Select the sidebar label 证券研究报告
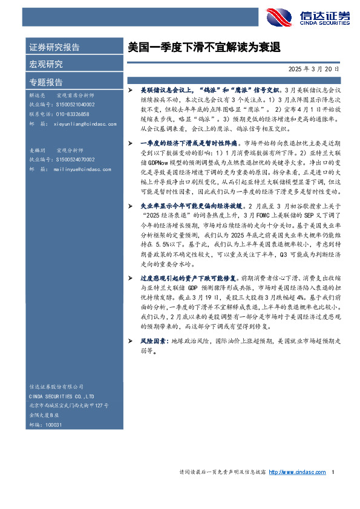pyautogui.click(x=54, y=47)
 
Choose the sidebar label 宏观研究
pyautogui.click(x=45, y=65)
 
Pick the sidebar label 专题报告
pyautogui.click(x=45, y=82)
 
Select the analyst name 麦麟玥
pyautogui.click(x=38, y=149)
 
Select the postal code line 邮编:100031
pyautogui.click(x=46, y=426)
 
